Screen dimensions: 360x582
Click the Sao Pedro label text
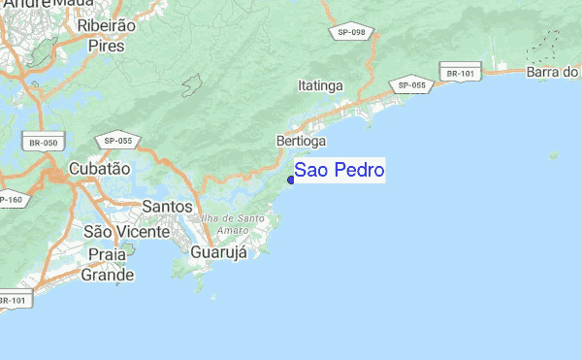coord(339,171)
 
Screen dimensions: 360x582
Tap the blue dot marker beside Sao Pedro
coord(291,180)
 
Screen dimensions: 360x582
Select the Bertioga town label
coord(301,141)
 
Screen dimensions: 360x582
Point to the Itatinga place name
coord(321,85)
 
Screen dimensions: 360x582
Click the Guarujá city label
coord(218,252)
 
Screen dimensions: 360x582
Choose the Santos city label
coord(167,207)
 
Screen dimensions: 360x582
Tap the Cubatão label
coord(99,168)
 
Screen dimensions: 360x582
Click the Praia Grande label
coord(107,264)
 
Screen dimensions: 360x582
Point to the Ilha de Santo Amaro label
coord(233,224)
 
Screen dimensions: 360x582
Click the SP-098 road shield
coord(351,32)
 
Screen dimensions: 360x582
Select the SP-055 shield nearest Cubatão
coord(117,141)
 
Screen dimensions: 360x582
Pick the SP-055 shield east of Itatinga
coord(412,85)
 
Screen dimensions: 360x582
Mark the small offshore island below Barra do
coord(554,153)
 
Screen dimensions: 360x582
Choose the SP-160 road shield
coord(8,200)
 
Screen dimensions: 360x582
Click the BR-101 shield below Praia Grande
coord(14,300)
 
